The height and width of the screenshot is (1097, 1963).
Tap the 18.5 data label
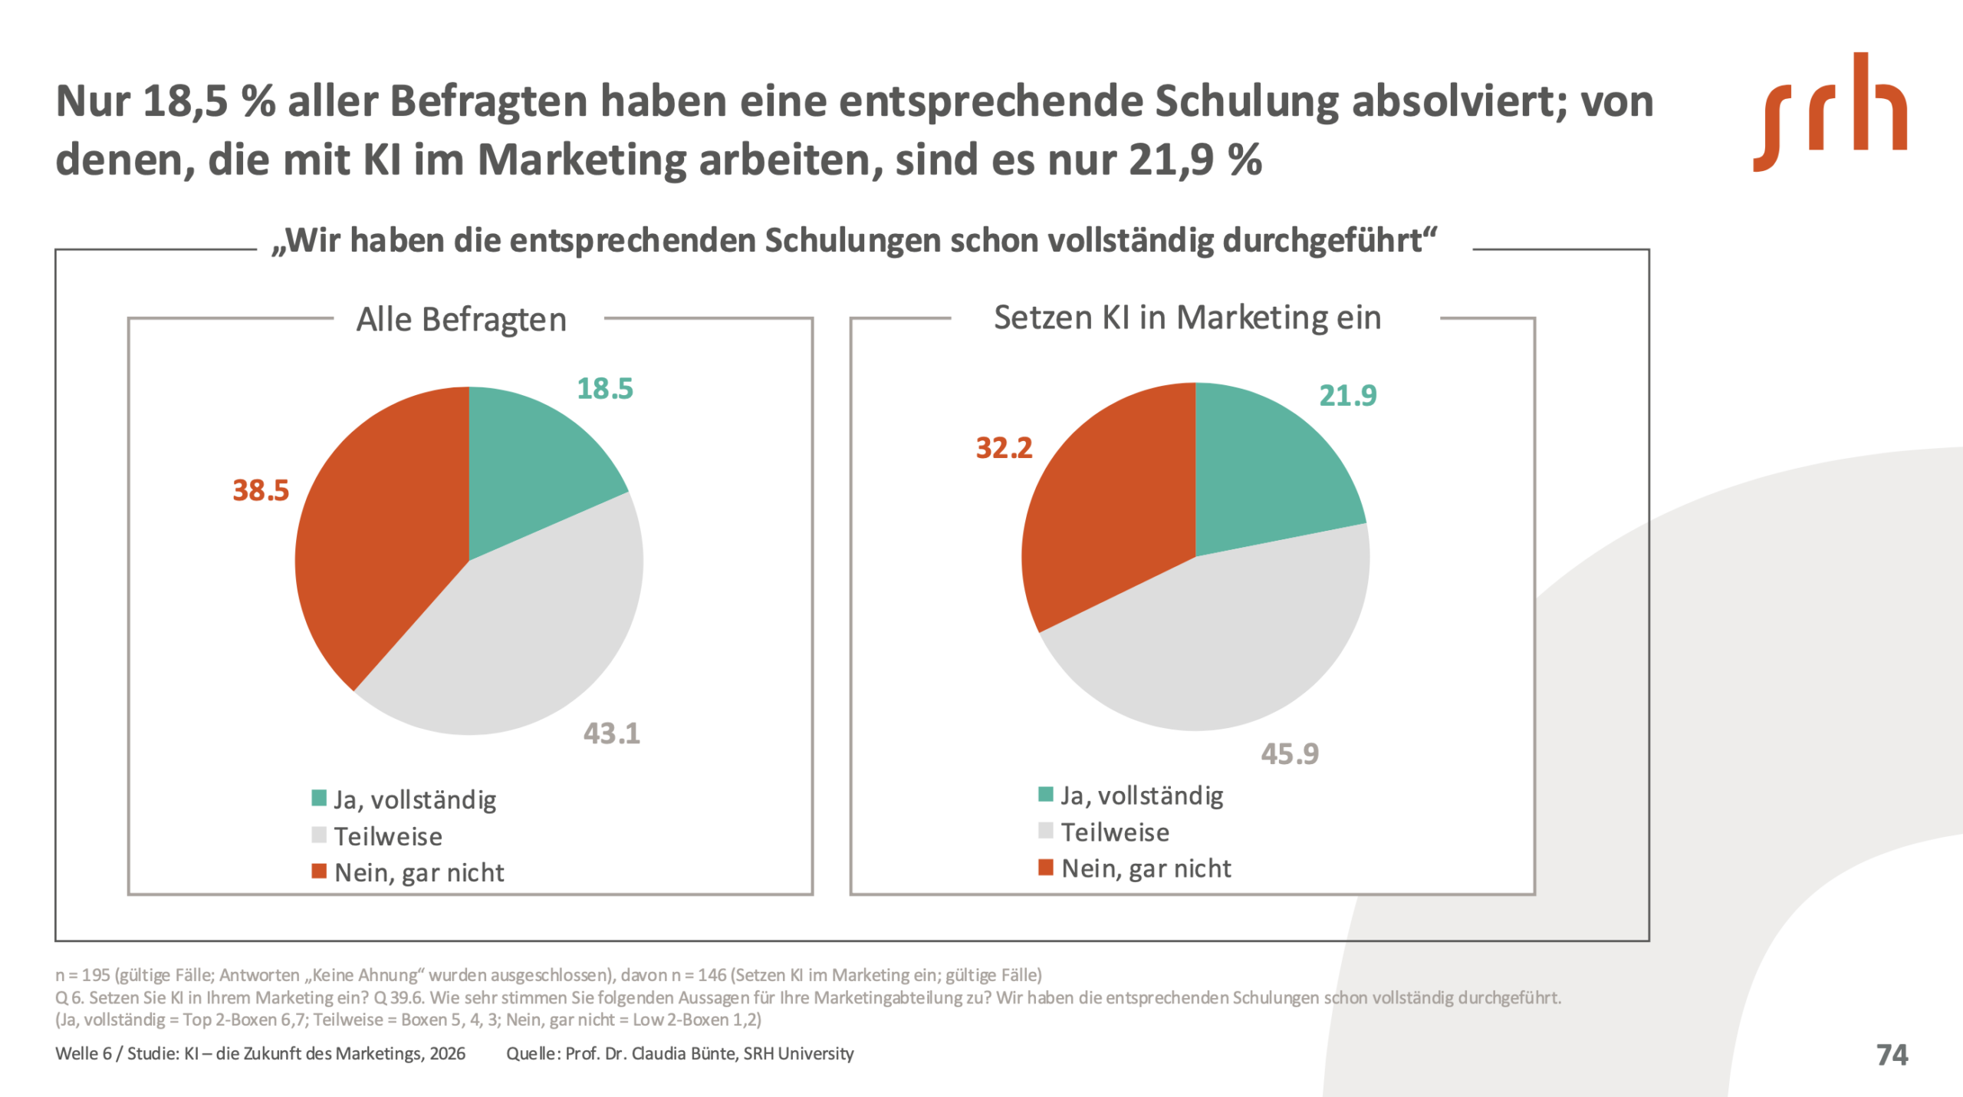[x=605, y=389]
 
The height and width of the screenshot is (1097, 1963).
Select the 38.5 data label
[x=261, y=490]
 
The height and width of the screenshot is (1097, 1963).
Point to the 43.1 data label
[x=611, y=733]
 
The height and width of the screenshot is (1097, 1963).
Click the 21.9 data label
[x=1347, y=396]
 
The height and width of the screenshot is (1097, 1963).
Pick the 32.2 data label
[x=1004, y=448]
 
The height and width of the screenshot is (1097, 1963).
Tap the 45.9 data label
[x=1290, y=754]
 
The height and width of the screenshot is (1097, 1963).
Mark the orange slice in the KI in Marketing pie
[x=1104, y=522]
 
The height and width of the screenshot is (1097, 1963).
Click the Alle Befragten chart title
[x=461, y=320]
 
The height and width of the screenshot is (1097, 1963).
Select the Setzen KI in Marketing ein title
[x=1187, y=318]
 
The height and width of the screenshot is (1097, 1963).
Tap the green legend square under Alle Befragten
[x=319, y=798]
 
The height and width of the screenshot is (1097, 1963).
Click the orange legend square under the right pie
[x=1045, y=867]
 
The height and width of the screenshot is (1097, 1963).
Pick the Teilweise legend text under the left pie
[x=388, y=836]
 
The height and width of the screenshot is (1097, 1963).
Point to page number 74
[x=1892, y=1055]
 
